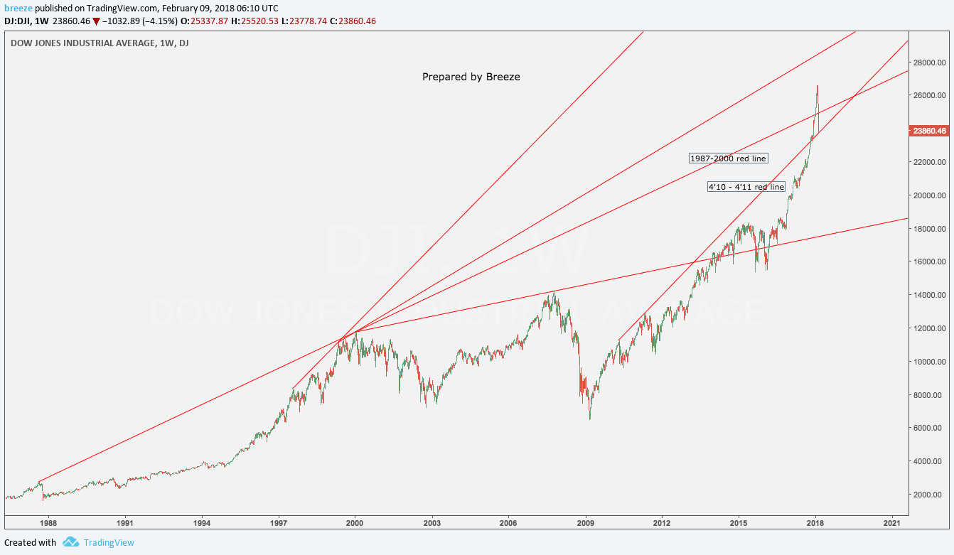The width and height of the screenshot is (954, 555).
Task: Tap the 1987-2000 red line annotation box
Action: coord(729,158)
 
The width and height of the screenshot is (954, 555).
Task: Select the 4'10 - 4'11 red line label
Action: coord(746,187)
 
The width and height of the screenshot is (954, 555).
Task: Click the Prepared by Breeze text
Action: coord(471,77)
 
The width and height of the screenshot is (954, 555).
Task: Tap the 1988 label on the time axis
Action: coord(48,523)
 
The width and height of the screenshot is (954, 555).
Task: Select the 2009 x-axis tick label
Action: coord(586,523)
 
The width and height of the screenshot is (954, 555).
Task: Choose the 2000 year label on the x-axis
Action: coord(355,523)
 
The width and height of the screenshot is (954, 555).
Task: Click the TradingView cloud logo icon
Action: coord(70,542)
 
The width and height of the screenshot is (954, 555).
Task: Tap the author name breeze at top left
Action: coord(18,7)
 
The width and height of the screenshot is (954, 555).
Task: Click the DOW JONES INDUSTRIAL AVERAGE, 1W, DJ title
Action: coord(100,43)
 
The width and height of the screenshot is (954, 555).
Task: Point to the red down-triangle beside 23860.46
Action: coord(97,21)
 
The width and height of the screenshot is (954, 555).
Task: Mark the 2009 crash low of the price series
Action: coord(590,419)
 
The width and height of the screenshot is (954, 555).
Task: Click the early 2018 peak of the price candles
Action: coord(818,85)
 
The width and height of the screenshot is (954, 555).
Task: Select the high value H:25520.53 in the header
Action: coord(257,21)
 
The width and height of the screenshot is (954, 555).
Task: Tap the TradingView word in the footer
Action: coord(109,543)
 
